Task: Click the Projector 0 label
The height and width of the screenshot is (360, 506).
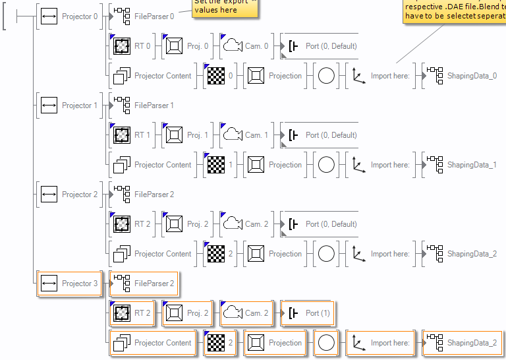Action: coord(79,16)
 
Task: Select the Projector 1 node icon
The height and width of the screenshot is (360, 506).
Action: coord(49,105)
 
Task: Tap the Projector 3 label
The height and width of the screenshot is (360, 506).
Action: coord(79,284)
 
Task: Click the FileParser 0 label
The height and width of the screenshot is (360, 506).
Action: coord(154,16)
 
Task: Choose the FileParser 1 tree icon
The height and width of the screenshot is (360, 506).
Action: coord(122,105)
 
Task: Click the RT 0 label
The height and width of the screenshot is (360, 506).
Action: coord(142,46)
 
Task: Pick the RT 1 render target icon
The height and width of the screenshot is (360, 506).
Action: coord(121,135)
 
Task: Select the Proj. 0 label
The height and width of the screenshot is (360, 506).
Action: coord(198,46)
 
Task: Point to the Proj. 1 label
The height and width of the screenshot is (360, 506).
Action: coord(198,135)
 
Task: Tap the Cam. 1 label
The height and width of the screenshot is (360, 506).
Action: coord(257,135)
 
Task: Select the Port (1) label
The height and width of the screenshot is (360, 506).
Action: coord(318,313)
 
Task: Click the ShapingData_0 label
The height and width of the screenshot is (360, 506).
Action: coord(472,76)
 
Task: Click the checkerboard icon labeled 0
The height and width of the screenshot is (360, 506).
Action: coord(216,76)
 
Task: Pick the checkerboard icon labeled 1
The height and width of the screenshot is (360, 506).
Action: coord(216,165)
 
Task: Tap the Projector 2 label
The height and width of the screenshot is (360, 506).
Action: coord(79,195)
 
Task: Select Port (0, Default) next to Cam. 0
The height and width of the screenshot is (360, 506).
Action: coord(331,46)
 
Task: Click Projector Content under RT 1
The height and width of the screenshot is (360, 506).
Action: coord(163,165)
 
